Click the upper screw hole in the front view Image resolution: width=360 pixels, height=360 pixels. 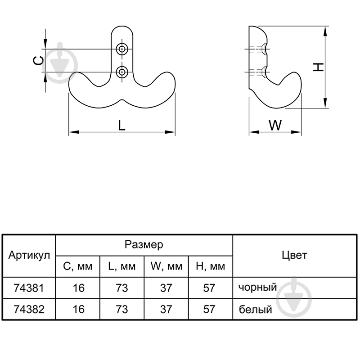[121, 49]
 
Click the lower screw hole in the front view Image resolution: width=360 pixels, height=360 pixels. [121, 72]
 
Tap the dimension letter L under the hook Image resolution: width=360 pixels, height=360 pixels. [121, 126]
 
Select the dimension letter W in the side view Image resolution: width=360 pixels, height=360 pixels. [275, 126]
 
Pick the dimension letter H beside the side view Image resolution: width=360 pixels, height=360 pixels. [319, 67]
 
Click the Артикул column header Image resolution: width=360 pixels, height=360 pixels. [29, 255]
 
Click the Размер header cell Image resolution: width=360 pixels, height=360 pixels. [144, 244]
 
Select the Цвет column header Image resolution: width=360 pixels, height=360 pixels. [294, 255]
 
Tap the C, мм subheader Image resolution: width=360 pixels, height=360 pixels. [77, 266]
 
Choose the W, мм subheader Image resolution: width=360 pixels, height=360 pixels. [166, 266]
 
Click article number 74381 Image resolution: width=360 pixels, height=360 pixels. [29, 288]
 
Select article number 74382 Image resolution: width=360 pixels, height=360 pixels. [29, 309]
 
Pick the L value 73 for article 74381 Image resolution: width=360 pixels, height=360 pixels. [121, 288]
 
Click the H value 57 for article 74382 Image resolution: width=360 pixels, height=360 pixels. [209, 309]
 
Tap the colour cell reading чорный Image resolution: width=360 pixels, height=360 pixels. [257, 288]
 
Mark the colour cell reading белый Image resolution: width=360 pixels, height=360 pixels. [255, 309]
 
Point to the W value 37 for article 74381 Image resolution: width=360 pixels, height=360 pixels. [166, 288]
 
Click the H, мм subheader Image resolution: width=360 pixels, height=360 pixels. [210, 266]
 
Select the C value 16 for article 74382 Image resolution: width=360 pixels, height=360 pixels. [78, 309]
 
